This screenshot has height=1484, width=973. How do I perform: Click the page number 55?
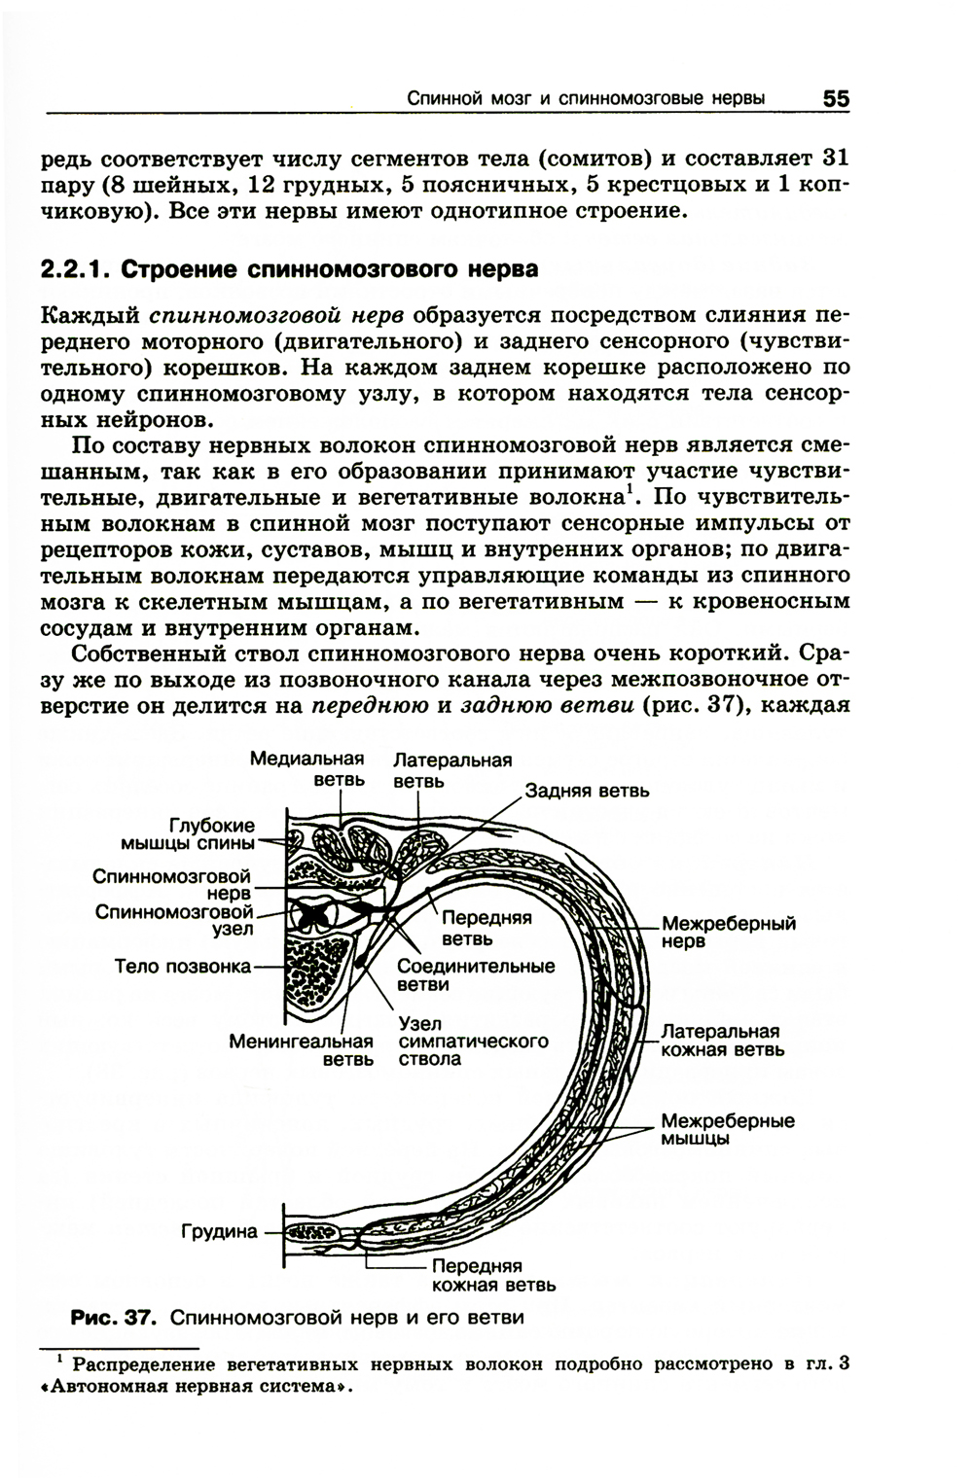(835, 99)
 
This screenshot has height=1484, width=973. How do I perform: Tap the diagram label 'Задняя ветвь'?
(586, 791)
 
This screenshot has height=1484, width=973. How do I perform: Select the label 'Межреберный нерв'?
(729, 933)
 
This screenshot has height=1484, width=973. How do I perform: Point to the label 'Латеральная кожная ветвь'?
(721, 1040)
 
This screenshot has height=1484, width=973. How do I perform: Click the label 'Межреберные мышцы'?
(727, 1130)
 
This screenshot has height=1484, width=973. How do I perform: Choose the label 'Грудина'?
(220, 1232)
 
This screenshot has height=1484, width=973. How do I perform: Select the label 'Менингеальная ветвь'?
(302, 1050)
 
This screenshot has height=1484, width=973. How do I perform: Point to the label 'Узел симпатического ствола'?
(473, 1042)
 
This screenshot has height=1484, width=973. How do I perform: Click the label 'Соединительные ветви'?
(476, 975)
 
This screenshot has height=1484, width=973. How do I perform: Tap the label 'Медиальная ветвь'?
(306, 768)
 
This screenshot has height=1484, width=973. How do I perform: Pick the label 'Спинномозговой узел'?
(174, 919)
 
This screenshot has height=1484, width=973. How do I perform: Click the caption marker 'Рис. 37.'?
(113, 1319)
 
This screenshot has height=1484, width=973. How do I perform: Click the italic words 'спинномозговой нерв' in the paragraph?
(277, 316)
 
